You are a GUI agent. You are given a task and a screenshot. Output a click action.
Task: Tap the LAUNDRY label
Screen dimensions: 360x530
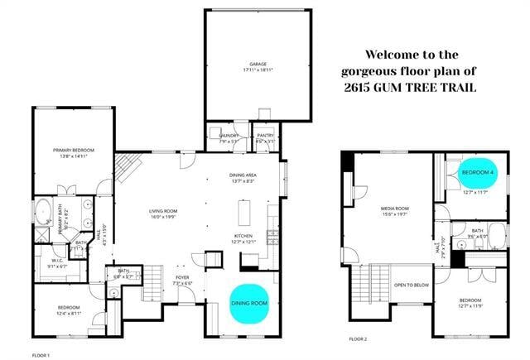(229, 136)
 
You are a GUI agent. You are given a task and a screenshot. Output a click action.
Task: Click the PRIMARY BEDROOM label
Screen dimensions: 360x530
(74, 150)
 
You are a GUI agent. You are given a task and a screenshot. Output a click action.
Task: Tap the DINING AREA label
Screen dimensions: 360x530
(246, 175)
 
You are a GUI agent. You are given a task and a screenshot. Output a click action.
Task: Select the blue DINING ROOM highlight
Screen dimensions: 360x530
(250, 302)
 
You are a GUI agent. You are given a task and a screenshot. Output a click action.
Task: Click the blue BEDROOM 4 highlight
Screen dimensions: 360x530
(478, 171)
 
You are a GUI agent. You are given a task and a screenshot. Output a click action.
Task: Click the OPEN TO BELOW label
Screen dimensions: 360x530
(412, 285)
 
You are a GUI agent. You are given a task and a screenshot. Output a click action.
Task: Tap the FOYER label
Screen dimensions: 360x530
(181, 278)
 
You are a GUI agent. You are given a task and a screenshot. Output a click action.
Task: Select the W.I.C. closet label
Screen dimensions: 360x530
(57, 261)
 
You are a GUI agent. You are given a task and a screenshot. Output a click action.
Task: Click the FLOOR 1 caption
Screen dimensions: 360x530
(41, 354)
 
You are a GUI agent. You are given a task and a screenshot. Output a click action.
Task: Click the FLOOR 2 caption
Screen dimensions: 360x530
(357, 339)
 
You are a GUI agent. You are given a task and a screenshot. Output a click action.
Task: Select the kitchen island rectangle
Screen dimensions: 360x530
(245, 213)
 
